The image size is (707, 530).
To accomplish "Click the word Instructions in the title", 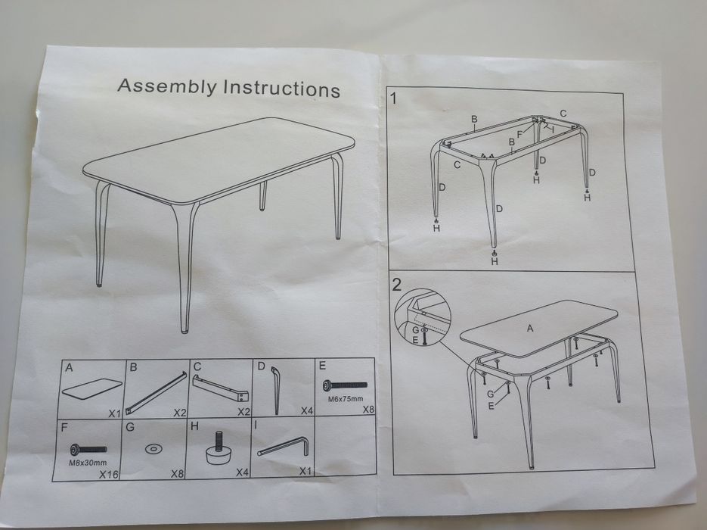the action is pyautogui.click(x=282, y=89).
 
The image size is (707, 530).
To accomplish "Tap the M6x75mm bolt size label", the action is pyautogui.click(x=345, y=398).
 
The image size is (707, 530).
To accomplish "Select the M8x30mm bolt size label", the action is pyautogui.click(x=88, y=463).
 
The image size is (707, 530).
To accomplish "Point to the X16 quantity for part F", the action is pyautogui.click(x=109, y=474).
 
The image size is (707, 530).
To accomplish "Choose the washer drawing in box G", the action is pyautogui.click(x=153, y=449).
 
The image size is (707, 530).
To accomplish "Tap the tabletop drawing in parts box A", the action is pyautogui.click(x=91, y=388).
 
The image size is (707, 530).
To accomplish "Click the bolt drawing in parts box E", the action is pyautogui.click(x=345, y=385).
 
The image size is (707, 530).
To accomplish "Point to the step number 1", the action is pyautogui.click(x=394, y=98).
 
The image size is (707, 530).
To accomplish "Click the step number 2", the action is pyautogui.click(x=397, y=285).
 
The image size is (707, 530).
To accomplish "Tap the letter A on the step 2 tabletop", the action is pyautogui.click(x=530, y=328).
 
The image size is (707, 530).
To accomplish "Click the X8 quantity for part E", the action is pyautogui.click(x=369, y=410).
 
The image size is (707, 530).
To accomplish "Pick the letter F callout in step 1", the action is pyautogui.click(x=519, y=134).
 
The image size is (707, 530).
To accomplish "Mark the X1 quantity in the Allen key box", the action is pyautogui.click(x=305, y=471).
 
